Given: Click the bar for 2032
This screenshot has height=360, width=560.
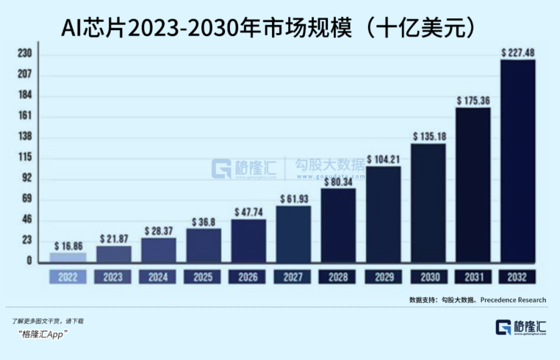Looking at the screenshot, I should (517, 161).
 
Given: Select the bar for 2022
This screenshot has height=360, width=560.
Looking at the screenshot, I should (68, 257).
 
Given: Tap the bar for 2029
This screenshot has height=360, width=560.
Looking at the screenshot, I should (383, 214).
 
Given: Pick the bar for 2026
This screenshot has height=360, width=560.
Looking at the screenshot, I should (248, 240).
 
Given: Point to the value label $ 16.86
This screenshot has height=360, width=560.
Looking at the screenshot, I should (68, 245).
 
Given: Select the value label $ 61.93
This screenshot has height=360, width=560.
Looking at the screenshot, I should (293, 198).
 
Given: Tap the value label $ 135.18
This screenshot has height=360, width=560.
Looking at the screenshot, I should (428, 136).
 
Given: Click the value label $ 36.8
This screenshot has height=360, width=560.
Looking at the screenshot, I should (203, 221).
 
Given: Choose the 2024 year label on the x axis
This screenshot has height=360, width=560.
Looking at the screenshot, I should (158, 277).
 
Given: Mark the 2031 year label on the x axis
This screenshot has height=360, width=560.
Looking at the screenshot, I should (473, 277).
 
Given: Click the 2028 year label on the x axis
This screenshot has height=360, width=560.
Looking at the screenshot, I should (338, 277).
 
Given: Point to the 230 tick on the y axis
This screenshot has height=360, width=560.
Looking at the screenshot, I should (24, 54).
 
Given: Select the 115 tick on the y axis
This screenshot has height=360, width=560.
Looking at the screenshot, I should (24, 158).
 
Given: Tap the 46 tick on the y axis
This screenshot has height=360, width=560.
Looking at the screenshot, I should (26, 220).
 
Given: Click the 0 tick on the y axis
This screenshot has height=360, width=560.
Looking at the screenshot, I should (29, 261).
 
